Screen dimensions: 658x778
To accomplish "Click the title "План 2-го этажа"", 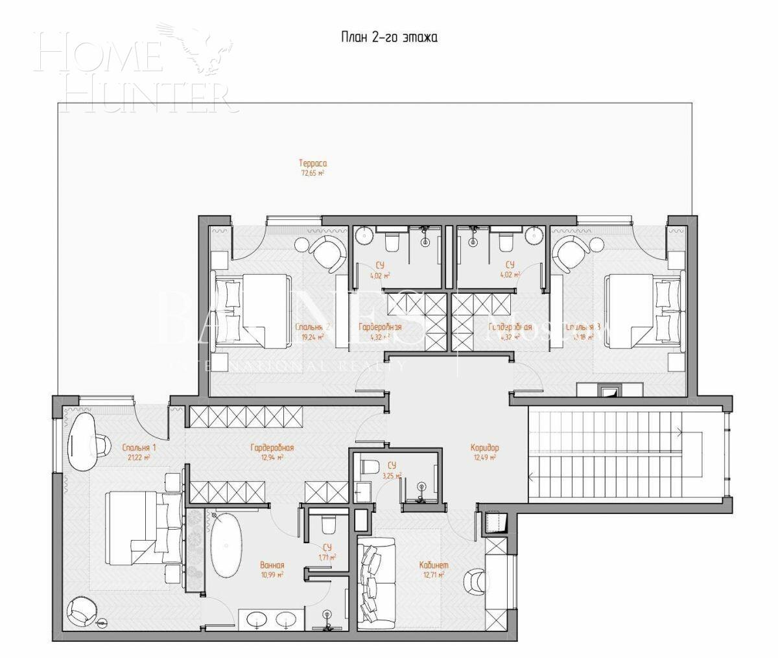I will pos(390,38).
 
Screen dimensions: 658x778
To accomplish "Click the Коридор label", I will pos(484,447).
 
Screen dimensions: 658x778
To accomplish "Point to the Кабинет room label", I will pos(434,565).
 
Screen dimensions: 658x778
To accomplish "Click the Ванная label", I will pos(272,565).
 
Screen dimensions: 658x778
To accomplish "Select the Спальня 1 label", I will pos(139,448).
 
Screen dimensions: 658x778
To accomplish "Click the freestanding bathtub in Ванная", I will pos(225,545).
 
